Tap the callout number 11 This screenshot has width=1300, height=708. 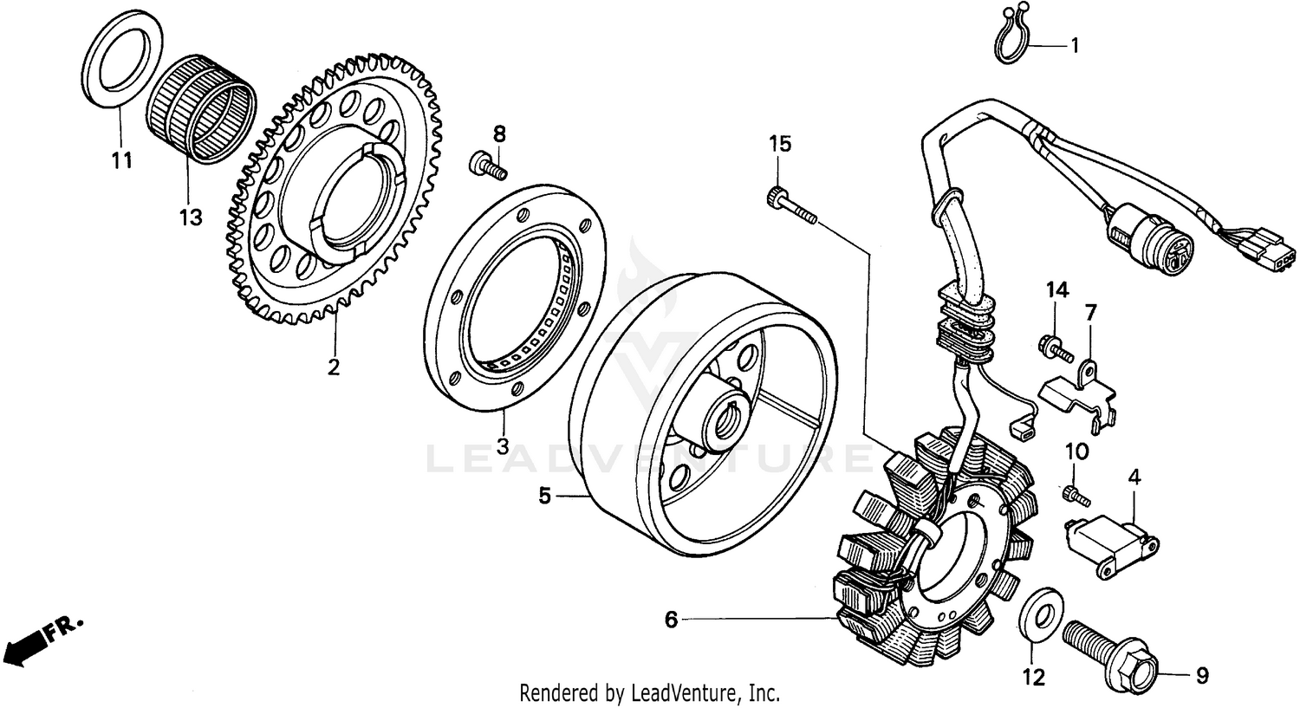121,160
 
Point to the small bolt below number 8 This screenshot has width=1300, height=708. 488,166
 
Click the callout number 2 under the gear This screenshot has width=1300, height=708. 334,367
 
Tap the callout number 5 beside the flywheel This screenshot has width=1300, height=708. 544,497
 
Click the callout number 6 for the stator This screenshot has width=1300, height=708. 671,620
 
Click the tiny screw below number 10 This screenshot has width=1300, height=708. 1075,494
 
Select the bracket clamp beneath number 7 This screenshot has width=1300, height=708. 1079,394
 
